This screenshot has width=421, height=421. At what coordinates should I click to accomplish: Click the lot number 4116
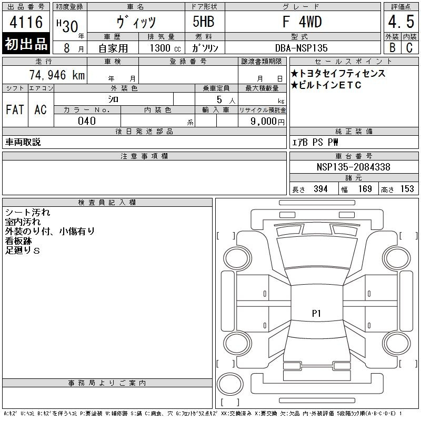point(26,22)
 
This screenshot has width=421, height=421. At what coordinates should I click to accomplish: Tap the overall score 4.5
point(401,22)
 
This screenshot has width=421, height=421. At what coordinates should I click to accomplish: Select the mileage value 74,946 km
point(57,75)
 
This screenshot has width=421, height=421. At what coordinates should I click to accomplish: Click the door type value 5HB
point(204,22)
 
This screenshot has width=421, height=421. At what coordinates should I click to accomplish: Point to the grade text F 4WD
point(302,22)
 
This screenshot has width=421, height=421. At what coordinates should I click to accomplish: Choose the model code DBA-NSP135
point(301,48)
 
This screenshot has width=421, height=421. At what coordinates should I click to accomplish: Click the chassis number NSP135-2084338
point(353,167)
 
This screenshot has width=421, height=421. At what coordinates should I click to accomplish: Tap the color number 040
point(87,121)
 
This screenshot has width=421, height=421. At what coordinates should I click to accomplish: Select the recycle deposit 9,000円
point(267,122)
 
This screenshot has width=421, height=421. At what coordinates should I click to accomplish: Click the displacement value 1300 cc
point(165,48)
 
